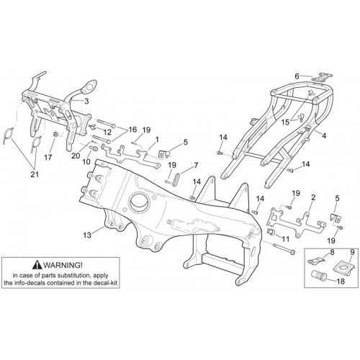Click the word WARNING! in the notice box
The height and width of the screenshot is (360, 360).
pos(63,265)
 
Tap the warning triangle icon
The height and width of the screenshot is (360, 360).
pos(38,265)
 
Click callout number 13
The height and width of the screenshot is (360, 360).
pos(87,235)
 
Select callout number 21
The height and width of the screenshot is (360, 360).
pos(35,174)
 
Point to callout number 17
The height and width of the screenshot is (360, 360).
pos(48,158)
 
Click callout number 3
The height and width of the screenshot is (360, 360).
pos(86,101)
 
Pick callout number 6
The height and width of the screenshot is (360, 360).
pos(297,76)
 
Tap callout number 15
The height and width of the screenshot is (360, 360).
pos(286,122)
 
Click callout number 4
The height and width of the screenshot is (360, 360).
pos(324,136)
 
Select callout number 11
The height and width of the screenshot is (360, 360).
pos(286,239)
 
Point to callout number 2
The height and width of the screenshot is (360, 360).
pos(313,198)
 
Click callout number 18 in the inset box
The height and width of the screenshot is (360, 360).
pos(341,281)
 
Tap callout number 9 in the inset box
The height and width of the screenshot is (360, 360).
pos(352,253)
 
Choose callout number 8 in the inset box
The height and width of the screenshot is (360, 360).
pos(332,253)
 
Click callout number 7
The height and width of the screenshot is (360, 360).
pos(196,166)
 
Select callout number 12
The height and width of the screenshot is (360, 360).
pos(107,132)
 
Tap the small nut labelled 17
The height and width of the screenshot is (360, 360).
pos(55,134)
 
